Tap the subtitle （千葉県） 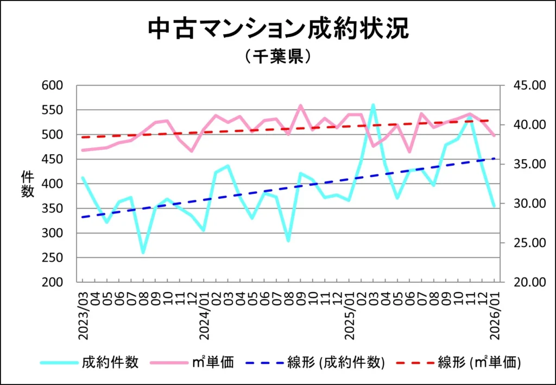(277, 56)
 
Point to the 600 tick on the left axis (53, 86)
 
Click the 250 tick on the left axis (53, 258)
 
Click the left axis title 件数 (27, 184)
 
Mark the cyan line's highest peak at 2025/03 (373, 105)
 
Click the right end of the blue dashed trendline (494, 159)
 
